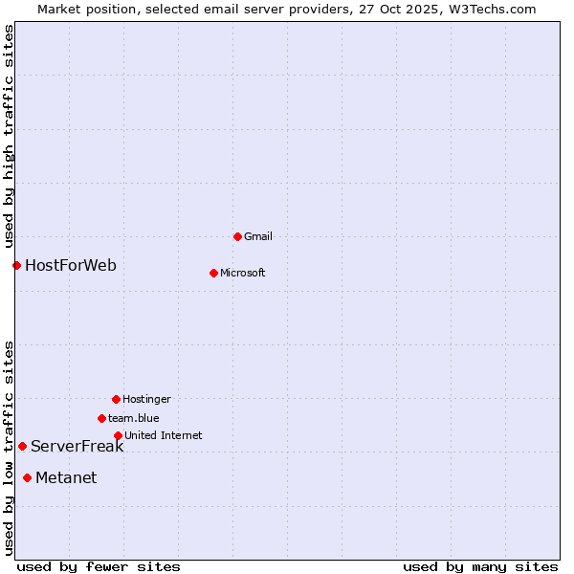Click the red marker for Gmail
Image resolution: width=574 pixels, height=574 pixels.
click(x=237, y=236)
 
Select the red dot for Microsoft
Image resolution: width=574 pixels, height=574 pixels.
click(x=213, y=273)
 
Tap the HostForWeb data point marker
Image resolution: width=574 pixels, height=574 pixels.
click(x=16, y=265)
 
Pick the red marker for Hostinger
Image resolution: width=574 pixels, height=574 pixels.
click(x=116, y=399)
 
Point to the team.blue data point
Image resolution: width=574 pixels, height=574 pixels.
click(x=101, y=418)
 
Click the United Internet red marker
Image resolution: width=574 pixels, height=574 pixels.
click(x=118, y=435)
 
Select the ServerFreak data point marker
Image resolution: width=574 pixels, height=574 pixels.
click(x=22, y=446)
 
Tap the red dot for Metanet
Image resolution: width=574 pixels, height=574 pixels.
click(x=27, y=477)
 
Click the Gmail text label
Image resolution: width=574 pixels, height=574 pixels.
click(x=258, y=236)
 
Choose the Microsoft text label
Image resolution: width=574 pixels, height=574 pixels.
click(x=243, y=273)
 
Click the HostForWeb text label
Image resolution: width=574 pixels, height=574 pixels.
click(x=71, y=265)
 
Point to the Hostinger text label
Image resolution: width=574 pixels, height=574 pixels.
click(x=146, y=399)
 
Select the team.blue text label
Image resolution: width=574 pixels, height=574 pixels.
click(x=134, y=418)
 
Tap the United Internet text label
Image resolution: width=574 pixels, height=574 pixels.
click(x=164, y=435)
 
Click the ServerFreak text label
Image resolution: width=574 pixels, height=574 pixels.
click(x=77, y=446)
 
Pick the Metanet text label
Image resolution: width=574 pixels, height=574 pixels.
click(x=66, y=477)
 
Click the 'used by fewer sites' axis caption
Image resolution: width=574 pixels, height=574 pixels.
click(x=99, y=566)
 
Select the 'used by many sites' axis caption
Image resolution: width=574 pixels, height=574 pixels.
click(x=480, y=566)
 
